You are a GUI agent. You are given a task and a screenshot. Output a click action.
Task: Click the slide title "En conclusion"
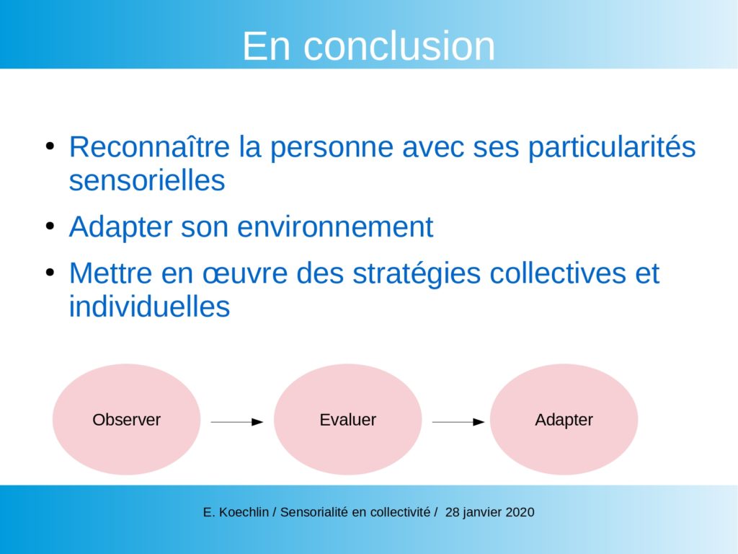pyautogui.click(x=368, y=46)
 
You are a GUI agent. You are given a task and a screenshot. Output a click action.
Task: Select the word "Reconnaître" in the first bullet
pyautogui.click(x=149, y=146)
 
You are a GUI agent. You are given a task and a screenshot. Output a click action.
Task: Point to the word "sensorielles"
pyautogui.click(x=147, y=180)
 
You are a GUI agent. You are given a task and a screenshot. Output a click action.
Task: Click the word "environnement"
pyautogui.click(x=335, y=227)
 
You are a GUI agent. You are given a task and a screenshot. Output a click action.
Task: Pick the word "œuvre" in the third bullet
pyautogui.click(x=245, y=274)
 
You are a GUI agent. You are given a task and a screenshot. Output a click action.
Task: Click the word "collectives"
pyautogui.click(x=558, y=273)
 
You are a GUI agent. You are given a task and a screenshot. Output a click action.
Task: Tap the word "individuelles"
pyautogui.click(x=149, y=306)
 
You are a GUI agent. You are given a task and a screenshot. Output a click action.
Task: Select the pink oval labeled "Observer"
pyautogui.click(x=126, y=419)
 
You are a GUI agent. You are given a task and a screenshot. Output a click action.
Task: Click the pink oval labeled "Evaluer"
pyautogui.click(x=347, y=419)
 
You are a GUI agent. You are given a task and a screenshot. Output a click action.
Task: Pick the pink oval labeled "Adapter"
pyautogui.click(x=564, y=419)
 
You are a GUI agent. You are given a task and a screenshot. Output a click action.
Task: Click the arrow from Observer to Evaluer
pyautogui.click(x=236, y=422)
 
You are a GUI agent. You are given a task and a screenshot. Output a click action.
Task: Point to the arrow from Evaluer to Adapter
pyautogui.click(x=458, y=422)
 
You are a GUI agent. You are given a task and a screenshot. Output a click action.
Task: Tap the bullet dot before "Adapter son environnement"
pyautogui.click(x=50, y=226)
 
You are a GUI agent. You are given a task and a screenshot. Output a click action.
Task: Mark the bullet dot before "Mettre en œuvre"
pyautogui.click(x=50, y=273)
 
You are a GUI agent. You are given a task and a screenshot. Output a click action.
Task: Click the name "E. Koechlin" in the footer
pyautogui.click(x=236, y=512)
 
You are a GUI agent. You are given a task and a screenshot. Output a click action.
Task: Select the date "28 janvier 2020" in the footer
pyautogui.click(x=489, y=512)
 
